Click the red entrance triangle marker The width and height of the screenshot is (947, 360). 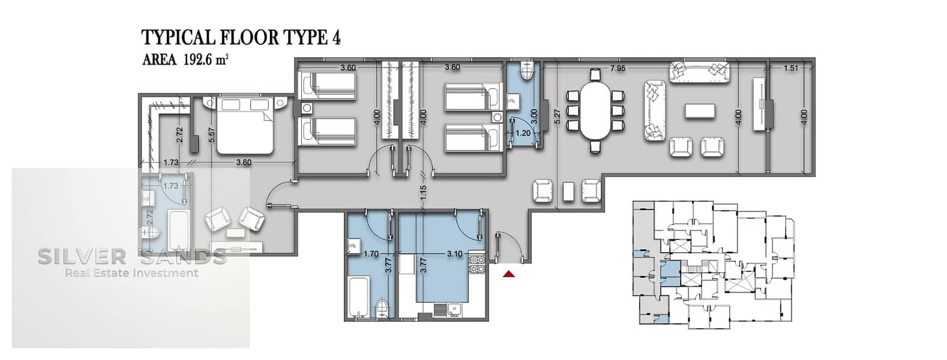click(508, 274)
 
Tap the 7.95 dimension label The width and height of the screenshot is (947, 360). click(618, 68)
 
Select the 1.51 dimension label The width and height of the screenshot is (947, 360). click(790, 68)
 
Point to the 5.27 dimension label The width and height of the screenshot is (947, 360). click(557, 116)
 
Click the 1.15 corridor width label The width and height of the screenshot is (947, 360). click(423, 192)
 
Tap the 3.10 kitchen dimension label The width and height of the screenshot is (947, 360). click(454, 254)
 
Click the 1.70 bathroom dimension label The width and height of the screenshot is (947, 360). click(371, 254)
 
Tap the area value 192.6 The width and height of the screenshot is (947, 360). click(198, 60)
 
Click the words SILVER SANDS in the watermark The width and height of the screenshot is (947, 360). click(133, 257)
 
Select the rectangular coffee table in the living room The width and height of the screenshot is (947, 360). click(700, 112)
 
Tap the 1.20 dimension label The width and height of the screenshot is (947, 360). click(523, 133)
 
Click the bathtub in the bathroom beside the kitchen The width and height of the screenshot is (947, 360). click(359, 296)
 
